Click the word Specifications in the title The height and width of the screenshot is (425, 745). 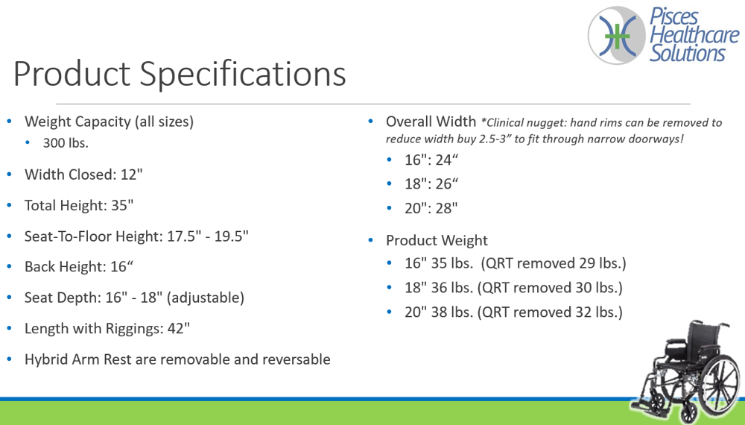point(242,74)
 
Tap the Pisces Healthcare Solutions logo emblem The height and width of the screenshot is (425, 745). point(617,35)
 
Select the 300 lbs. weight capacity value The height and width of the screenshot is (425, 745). point(66,143)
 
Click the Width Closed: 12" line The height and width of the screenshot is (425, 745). point(83,174)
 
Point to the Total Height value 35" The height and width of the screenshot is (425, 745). point(122,205)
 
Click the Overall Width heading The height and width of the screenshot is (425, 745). point(431,122)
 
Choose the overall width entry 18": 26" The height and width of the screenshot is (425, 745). point(431,183)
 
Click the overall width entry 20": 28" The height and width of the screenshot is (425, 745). point(431,208)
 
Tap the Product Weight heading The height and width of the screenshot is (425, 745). point(437,240)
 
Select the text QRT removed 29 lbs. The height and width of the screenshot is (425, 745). point(555,263)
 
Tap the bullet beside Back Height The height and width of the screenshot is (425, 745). point(10,267)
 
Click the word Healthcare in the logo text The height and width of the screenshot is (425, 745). point(694,35)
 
